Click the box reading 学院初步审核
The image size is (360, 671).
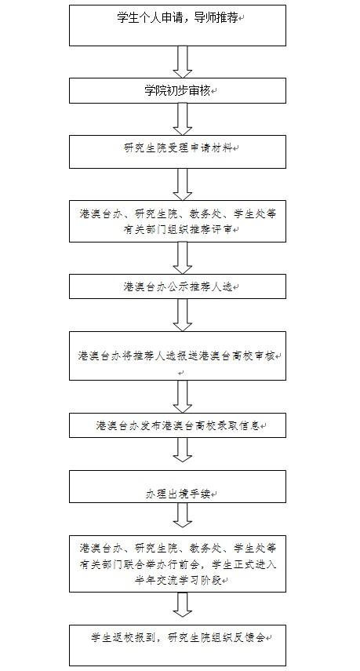click(x=177, y=90)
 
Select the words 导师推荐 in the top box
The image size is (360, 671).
click(x=216, y=17)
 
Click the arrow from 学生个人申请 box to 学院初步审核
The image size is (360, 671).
click(x=183, y=62)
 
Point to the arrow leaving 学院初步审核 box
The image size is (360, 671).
click(x=183, y=119)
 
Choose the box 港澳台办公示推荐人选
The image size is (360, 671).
click(x=177, y=286)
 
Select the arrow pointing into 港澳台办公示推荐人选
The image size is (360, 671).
click(x=183, y=258)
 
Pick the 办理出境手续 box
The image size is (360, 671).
click(x=177, y=486)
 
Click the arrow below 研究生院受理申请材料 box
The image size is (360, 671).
click(x=183, y=184)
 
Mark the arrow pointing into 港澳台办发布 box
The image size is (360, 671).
click(x=183, y=396)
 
